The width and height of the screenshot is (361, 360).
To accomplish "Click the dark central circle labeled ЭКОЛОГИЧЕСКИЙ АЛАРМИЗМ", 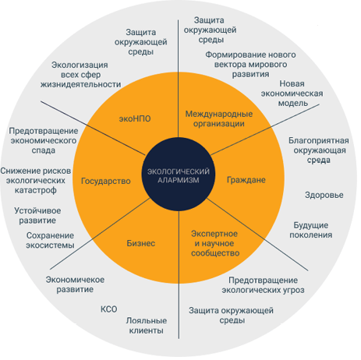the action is click(x=179, y=174).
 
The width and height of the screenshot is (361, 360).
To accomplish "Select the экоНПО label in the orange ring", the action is click(x=135, y=118).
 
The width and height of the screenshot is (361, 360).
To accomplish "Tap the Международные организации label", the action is click(x=219, y=118).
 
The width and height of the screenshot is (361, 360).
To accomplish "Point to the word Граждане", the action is click(x=246, y=180).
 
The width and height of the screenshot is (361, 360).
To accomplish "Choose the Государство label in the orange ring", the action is click(x=106, y=181).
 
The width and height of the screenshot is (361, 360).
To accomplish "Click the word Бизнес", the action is click(x=141, y=243).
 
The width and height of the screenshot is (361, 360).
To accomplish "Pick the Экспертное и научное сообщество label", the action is click(x=215, y=243).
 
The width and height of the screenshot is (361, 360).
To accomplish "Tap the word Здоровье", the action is click(x=324, y=195).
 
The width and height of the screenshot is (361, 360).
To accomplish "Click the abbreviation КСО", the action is click(x=108, y=309).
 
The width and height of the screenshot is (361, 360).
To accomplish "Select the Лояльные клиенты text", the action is click(x=147, y=326).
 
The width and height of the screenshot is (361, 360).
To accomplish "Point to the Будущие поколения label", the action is click(x=311, y=230).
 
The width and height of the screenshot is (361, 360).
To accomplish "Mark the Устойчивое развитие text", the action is click(x=37, y=216).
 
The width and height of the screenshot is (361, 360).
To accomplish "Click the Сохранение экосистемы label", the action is click(x=50, y=240).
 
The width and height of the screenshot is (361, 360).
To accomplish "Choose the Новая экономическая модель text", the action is click(x=292, y=94).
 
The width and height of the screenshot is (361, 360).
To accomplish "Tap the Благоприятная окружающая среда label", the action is click(x=319, y=150).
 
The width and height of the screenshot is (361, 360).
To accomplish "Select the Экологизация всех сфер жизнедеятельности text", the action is click(x=80, y=75).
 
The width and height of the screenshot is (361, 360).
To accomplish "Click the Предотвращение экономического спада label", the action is click(x=44, y=140).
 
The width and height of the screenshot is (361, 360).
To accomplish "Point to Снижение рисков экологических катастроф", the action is click(x=36, y=181).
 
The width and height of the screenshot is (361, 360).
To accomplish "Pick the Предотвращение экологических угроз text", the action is click(x=263, y=285).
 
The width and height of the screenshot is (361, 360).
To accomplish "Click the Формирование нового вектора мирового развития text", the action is click(x=250, y=65).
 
